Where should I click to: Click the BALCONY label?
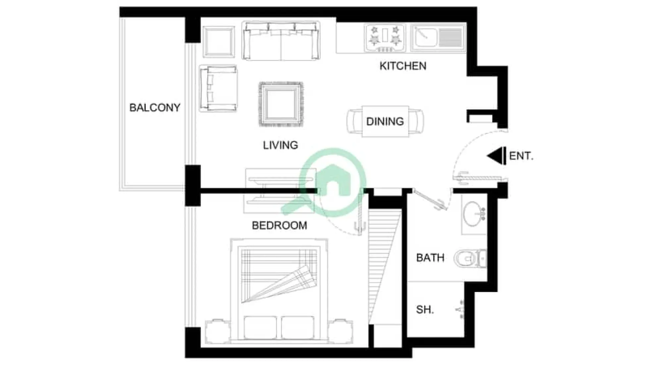[154, 108]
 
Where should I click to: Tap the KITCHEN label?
[403, 66]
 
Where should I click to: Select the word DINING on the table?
[385, 121]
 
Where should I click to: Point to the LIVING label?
[280, 145]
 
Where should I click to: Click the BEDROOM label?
[279, 226]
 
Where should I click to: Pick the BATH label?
[430, 257]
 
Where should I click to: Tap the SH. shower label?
[424, 310]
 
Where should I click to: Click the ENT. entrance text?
[521, 156]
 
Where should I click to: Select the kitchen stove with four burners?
[385, 38]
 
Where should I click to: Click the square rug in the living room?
[281, 104]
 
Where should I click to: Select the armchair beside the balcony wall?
[218, 88]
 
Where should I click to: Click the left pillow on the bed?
[260, 328]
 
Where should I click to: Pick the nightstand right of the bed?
[340, 331]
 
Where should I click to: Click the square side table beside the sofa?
[218, 42]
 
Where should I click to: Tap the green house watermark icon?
[332, 182]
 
